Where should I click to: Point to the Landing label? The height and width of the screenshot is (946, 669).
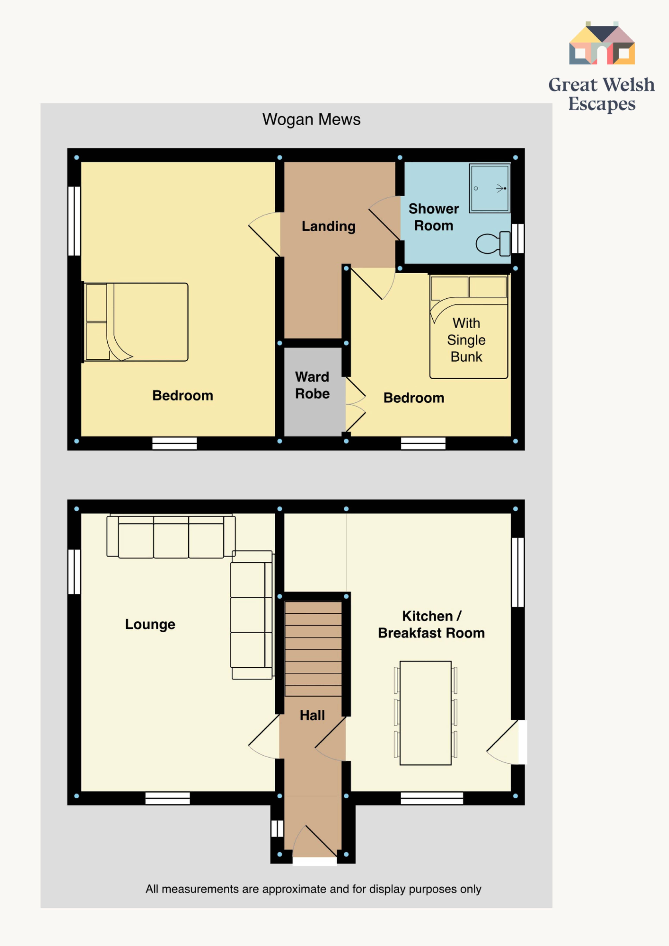329,226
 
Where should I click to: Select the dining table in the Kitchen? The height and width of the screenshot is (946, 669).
425,713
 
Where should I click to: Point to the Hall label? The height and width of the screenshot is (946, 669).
312,715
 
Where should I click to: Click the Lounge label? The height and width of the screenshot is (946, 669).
150,624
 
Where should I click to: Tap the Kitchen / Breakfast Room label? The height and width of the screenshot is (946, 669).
431,624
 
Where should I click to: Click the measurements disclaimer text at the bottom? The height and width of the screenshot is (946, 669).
313,889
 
